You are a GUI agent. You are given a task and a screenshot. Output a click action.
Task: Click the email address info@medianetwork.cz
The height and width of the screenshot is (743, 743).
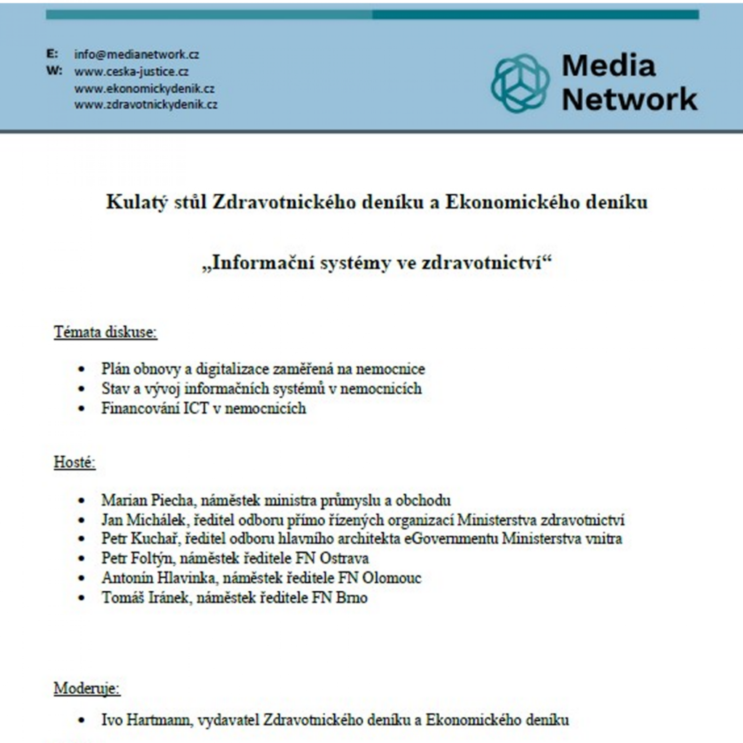click(x=136, y=54)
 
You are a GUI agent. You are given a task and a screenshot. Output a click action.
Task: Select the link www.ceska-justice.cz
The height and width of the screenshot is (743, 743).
click(x=131, y=72)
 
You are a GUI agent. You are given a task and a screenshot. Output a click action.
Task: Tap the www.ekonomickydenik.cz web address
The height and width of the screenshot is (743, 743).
click(x=144, y=89)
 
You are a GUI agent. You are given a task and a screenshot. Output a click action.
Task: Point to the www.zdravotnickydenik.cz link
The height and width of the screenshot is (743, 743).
click(x=146, y=105)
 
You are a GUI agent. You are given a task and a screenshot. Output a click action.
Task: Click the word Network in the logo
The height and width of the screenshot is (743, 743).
click(x=629, y=99)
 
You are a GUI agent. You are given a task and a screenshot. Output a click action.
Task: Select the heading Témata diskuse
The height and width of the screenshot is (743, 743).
click(x=106, y=332)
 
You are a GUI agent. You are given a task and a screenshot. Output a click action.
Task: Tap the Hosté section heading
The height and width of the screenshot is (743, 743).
click(x=75, y=462)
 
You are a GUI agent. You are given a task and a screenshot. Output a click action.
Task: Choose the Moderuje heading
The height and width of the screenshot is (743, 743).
click(x=87, y=688)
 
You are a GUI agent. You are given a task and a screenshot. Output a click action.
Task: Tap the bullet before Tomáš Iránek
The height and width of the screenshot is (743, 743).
click(x=81, y=598)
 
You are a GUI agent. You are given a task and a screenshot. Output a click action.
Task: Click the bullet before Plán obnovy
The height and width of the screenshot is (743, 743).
click(x=81, y=369)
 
